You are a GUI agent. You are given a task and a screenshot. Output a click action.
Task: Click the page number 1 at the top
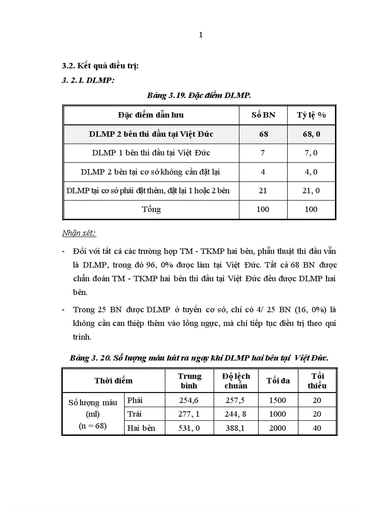pyautogui.click(x=201, y=35)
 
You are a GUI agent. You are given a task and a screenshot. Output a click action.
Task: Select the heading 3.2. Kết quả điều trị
pyautogui.click(x=100, y=66)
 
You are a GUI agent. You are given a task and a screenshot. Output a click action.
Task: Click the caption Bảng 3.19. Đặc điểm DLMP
pyautogui.click(x=199, y=95)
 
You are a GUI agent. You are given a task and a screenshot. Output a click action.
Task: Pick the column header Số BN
pyautogui.click(x=263, y=115)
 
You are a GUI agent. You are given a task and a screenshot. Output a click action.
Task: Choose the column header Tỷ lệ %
pyautogui.click(x=311, y=115)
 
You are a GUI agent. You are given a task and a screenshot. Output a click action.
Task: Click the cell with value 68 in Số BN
pyautogui.click(x=263, y=134)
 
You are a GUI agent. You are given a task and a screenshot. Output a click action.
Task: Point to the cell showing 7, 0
pyautogui.click(x=311, y=153)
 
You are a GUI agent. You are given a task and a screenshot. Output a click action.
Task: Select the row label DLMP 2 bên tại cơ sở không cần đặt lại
pyautogui.click(x=151, y=172)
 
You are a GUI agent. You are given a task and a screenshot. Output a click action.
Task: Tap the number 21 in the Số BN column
pyautogui.click(x=263, y=191)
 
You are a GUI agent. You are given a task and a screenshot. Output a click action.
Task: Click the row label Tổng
pyautogui.click(x=151, y=210)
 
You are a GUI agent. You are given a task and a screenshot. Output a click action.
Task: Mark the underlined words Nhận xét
pyautogui.click(x=78, y=233)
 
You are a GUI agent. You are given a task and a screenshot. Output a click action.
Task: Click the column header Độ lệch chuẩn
pyautogui.click(x=236, y=381)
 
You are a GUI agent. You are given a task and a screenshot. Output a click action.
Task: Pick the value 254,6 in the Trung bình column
pyautogui.click(x=190, y=400)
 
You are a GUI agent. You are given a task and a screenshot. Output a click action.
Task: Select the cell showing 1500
pyautogui.click(x=278, y=400)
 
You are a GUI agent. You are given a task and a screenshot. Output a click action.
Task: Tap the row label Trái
pyautogui.click(x=137, y=414)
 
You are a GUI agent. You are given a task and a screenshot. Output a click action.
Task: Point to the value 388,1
pyautogui.click(x=236, y=428)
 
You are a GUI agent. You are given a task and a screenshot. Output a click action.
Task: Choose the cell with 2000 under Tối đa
pyautogui.click(x=278, y=428)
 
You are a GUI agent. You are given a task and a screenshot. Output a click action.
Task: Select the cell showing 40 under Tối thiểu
pyautogui.click(x=317, y=428)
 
